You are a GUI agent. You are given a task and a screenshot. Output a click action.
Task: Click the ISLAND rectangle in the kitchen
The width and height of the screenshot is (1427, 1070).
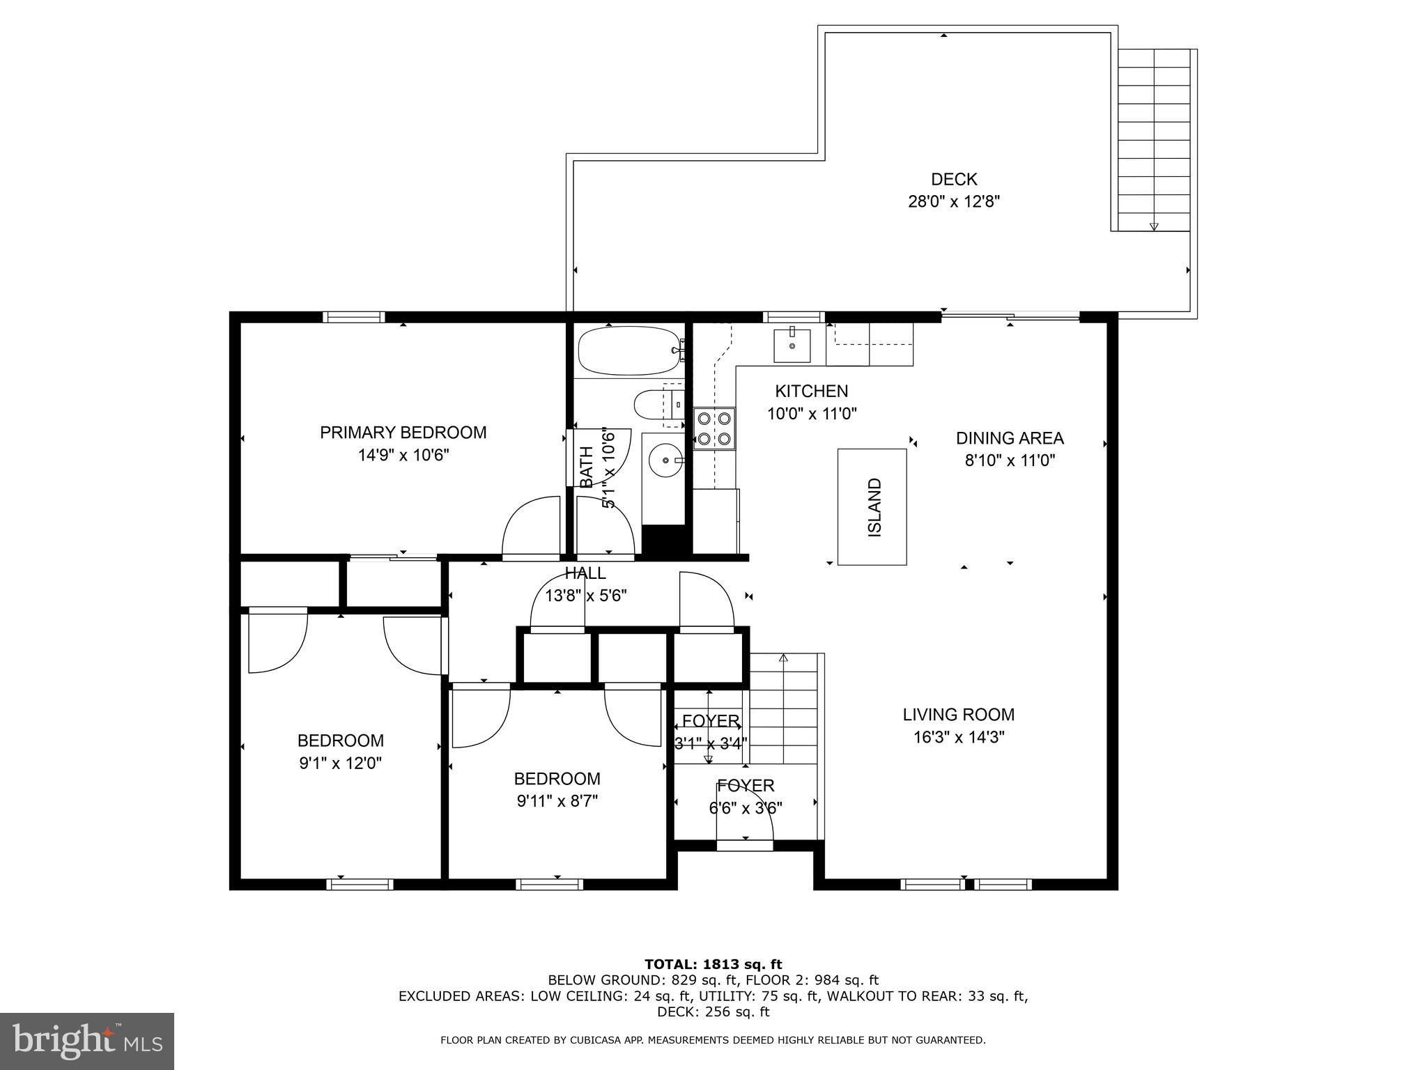[872, 506]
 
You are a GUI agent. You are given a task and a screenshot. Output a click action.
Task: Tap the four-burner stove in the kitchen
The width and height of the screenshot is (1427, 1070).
[715, 429]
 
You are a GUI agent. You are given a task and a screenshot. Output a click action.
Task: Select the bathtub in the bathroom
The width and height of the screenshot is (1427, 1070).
[629, 350]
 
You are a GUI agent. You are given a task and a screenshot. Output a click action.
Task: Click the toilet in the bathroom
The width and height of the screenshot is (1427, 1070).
[659, 404]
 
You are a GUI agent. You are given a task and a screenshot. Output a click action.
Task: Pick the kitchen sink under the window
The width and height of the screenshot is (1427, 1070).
[792, 345]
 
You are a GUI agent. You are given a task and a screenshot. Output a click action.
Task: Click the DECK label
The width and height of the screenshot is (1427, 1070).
[954, 180]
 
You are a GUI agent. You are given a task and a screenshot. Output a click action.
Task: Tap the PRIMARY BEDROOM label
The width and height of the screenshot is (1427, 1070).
[403, 433]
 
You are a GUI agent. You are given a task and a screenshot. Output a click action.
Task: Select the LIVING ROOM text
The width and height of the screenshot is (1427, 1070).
[959, 714]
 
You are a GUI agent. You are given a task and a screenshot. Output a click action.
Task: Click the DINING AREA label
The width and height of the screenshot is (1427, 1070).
[1010, 438]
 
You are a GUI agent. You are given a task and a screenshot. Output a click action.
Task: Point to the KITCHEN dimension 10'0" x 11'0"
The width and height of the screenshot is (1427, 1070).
[812, 414]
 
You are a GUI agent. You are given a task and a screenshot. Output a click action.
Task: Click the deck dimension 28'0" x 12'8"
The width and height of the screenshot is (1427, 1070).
[954, 202]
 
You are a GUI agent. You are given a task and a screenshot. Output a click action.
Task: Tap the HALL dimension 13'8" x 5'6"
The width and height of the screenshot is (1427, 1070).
[585, 596]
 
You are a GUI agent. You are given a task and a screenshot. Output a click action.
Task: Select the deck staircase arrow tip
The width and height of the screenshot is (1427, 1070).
[1154, 228]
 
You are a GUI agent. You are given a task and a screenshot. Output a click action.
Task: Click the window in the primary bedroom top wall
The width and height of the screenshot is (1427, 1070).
[354, 317]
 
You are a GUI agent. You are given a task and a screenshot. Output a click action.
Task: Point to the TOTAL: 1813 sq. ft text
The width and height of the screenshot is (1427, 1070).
[713, 964]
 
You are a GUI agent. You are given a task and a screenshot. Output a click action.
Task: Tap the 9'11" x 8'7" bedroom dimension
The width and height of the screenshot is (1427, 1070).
[557, 801]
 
